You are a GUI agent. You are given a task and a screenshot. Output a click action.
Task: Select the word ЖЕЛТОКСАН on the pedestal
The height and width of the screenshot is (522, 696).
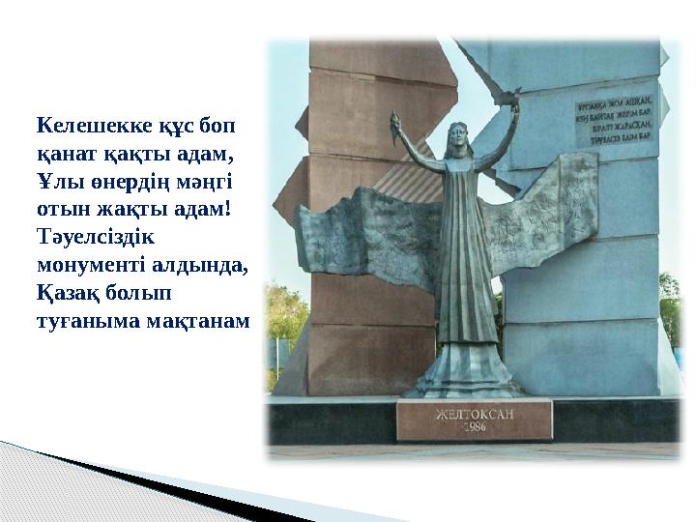coord(474,414)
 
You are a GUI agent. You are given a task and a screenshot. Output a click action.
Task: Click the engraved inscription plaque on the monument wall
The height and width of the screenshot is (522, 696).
coord(614,121)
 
